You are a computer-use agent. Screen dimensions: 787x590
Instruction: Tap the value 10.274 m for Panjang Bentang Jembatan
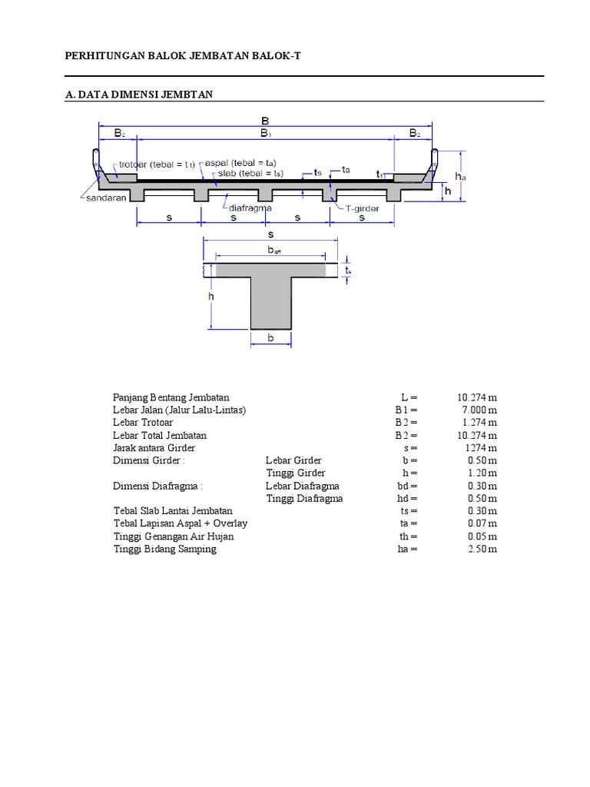[476, 397]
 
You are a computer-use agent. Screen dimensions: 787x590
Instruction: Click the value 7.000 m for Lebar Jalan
[479, 410]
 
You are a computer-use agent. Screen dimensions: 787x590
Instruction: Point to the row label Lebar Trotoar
[143, 423]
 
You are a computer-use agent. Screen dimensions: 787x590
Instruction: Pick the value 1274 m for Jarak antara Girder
[481, 448]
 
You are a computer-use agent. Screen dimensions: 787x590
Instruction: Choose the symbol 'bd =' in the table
[407, 486]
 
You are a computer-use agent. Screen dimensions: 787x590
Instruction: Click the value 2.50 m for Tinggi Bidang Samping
[482, 549]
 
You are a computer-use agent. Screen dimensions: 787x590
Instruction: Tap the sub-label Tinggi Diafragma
[304, 498]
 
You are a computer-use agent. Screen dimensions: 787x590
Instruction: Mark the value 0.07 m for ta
[482, 523]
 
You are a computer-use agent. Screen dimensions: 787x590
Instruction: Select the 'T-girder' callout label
[362, 208]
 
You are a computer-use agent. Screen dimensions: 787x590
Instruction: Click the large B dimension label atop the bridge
[265, 121]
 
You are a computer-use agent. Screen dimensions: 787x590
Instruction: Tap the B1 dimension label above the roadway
[265, 134]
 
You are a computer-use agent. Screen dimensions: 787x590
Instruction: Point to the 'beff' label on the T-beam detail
[273, 250]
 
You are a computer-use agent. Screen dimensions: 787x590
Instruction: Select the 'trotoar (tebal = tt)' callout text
[156, 164]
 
